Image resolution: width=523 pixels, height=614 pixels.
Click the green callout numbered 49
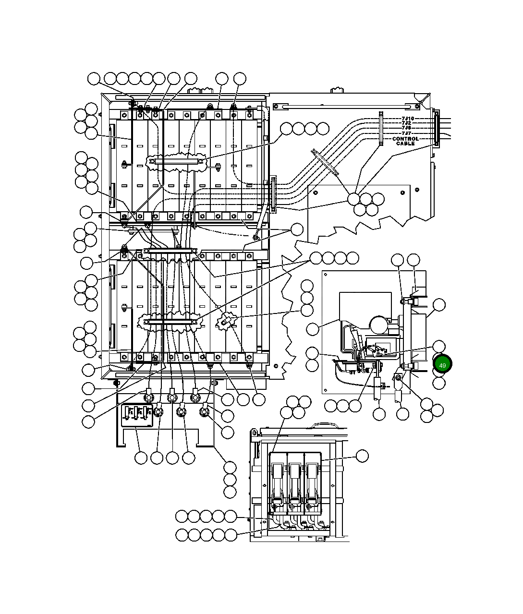442,365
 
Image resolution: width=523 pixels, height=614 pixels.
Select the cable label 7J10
408,118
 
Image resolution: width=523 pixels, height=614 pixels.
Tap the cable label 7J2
406,123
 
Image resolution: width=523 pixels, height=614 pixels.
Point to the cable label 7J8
406,128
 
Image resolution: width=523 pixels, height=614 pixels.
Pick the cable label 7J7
406,133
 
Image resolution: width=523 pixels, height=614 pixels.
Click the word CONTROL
405,139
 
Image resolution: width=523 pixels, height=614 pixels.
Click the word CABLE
405,144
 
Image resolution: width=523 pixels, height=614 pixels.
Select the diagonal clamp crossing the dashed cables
325,162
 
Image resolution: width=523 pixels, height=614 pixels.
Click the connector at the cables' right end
436,129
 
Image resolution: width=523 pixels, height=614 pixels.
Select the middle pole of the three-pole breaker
295,480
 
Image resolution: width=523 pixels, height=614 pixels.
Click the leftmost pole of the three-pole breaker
278,480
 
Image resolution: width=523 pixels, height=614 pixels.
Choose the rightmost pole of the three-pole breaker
312,480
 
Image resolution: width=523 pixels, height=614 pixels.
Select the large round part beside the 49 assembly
378,325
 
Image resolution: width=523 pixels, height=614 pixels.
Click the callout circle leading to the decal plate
141,458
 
